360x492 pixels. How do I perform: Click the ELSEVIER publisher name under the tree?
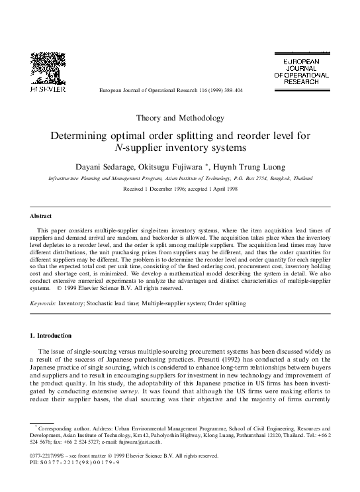[46, 88]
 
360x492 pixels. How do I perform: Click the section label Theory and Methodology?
[180, 118]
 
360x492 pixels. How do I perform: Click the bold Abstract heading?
[41, 216]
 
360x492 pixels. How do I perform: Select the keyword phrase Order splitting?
[224, 303]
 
